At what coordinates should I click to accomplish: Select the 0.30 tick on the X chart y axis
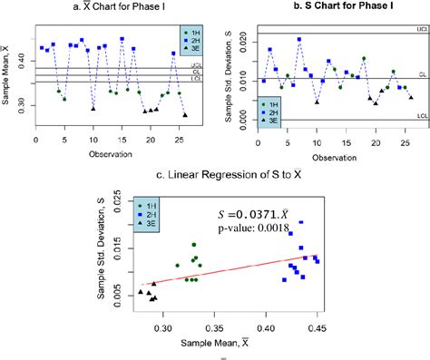click(x=20, y=104)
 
